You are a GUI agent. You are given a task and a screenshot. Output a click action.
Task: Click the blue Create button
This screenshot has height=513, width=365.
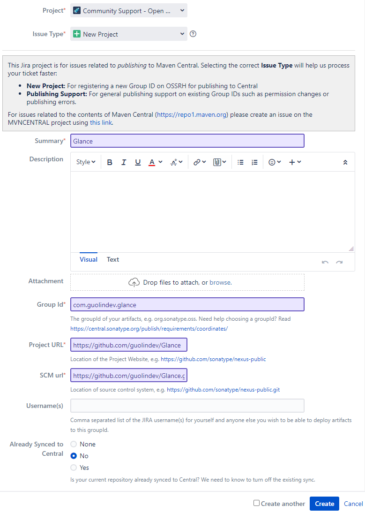pos(324,504)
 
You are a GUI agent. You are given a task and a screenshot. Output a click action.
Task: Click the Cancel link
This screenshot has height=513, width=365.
pos(353,504)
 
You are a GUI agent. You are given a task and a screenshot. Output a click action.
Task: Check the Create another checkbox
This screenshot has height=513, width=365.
pos(256,503)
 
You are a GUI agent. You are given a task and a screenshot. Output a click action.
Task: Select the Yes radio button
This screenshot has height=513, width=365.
pos(74,468)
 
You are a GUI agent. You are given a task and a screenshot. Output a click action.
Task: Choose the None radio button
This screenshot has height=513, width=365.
pos(74,444)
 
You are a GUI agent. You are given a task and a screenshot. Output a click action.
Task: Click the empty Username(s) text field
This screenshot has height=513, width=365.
pos(187,406)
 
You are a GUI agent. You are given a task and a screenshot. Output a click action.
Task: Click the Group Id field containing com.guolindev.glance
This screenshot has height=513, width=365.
pos(187,305)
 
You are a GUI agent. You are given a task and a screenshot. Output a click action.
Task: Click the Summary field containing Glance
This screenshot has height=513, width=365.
pos(187,141)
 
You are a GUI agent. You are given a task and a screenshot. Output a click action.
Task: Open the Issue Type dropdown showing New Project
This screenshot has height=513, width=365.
pos(129,34)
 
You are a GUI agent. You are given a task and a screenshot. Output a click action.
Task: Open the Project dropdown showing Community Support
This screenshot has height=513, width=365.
pos(129,11)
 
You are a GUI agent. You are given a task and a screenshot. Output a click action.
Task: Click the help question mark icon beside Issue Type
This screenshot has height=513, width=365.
pos(193,34)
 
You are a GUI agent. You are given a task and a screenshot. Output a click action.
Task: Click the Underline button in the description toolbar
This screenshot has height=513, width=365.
pos(138,162)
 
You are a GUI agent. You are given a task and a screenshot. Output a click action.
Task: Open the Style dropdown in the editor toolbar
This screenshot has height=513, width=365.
pos(86,162)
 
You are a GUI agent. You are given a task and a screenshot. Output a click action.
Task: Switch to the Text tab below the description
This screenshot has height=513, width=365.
pos(113,259)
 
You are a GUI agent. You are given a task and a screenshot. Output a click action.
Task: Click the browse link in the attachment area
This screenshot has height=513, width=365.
pos(220,282)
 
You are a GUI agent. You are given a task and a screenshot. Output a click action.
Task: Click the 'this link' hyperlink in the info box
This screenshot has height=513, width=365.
pos(101,123)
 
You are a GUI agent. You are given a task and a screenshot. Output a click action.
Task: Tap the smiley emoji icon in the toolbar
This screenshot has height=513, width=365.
pos(272,162)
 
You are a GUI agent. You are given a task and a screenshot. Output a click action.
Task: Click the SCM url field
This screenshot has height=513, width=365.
pos(129,376)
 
